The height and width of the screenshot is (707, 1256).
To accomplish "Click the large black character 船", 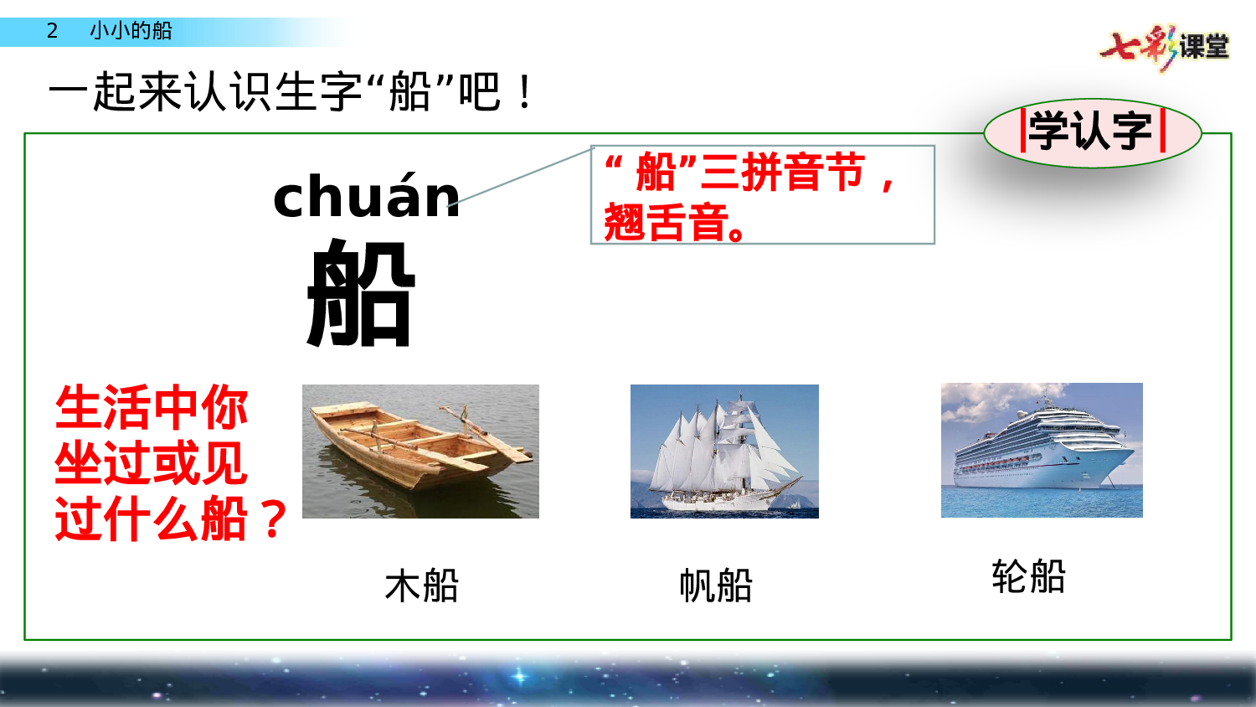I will click(x=361, y=292).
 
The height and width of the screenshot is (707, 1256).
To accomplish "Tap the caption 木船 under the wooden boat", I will click(x=422, y=586).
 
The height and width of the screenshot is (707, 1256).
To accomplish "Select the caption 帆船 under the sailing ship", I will click(x=716, y=586).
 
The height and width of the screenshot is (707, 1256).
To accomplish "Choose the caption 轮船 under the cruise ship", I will click(x=1028, y=576).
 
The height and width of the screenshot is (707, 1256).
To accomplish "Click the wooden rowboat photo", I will click(x=420, y=451).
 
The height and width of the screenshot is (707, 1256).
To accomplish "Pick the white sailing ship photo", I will click(x=724, y=451).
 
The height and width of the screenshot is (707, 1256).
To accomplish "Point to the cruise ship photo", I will click(x=1042, y=450).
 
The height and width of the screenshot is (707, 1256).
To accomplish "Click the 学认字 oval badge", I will click(x=1092, y=132).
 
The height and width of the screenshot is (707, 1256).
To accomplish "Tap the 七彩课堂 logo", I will click(x=1165, y=46).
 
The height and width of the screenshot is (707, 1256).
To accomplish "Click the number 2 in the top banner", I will click(x=52, y=31).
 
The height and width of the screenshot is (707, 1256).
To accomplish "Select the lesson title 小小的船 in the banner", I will click(x=131, y=31).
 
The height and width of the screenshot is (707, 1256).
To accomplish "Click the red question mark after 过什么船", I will click(x=273, y=519).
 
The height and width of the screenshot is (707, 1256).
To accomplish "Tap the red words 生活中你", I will click(x=152, y=408).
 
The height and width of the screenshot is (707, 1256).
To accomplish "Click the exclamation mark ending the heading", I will click(x=524, y=92).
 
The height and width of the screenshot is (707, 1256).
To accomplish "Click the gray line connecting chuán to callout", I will click(x=526, y=176).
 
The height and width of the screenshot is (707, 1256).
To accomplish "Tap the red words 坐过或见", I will click(x=152, y=463).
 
